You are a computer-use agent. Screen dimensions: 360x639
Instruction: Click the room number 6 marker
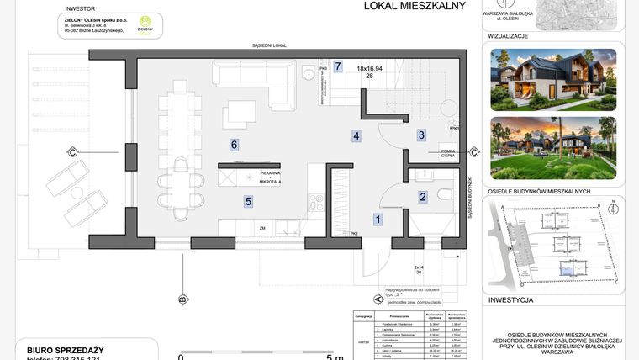pos(235,145)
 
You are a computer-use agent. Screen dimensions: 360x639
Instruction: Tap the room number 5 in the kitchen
pos(248,201)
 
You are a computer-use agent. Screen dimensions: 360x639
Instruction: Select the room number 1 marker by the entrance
pos(378,220)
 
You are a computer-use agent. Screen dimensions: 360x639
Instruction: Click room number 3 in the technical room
pos(422,135)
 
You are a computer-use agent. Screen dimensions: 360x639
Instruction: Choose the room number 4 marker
pos(356,135)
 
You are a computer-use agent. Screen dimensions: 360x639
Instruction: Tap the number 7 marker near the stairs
pos(338,66)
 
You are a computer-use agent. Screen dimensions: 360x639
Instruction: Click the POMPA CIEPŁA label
pos(453,153)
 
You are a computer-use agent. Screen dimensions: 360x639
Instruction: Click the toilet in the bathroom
pos(446,196)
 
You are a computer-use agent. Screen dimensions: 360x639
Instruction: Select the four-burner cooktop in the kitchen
pos(316,203)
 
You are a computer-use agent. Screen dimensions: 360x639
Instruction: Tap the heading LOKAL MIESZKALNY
pos(403,7)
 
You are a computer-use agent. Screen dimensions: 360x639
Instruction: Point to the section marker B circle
pos(182,299)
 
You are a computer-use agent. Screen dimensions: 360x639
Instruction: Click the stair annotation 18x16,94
pos(369,68)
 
